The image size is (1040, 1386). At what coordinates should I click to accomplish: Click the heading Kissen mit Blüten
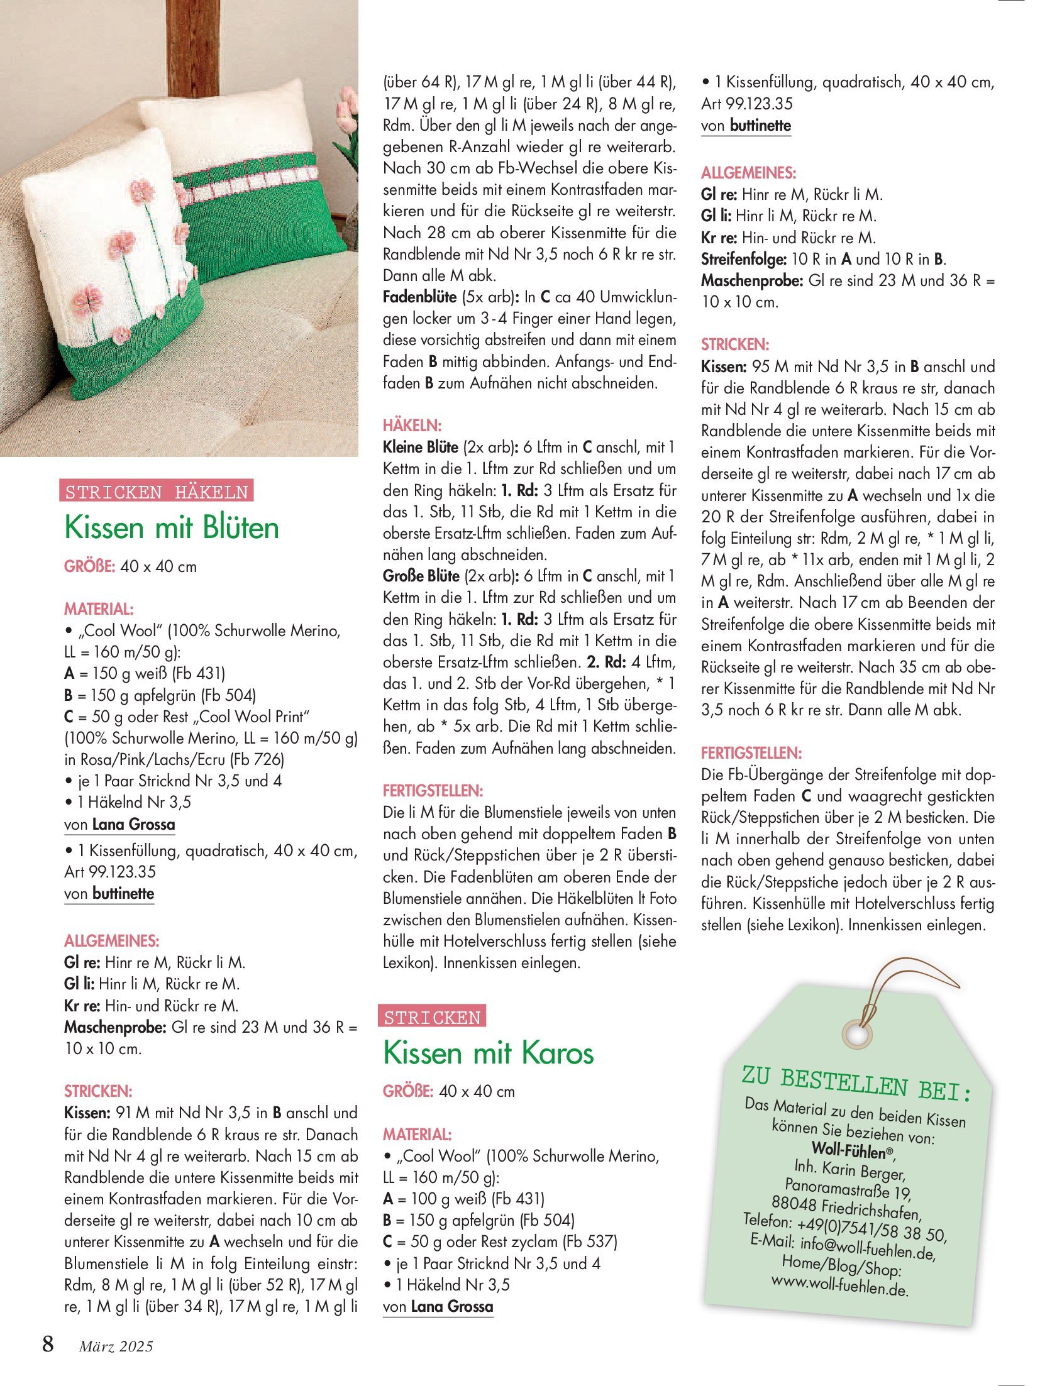[172, 527]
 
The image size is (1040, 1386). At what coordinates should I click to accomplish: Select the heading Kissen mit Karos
[488, 1052]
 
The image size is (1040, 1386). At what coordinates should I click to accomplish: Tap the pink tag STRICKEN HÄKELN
[157, 491]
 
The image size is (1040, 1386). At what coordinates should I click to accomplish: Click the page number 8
[48, 1345]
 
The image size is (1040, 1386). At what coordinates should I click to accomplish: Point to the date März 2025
[116, 1346]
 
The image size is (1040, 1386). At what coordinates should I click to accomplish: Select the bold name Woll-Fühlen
[851, 1151]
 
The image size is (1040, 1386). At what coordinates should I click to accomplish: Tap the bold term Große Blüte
[421, 576]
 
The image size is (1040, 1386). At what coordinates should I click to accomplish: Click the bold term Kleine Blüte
[421, 447]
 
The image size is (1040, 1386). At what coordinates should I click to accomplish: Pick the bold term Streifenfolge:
[743, 259]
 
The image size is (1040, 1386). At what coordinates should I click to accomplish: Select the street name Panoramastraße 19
[848, 1189]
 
